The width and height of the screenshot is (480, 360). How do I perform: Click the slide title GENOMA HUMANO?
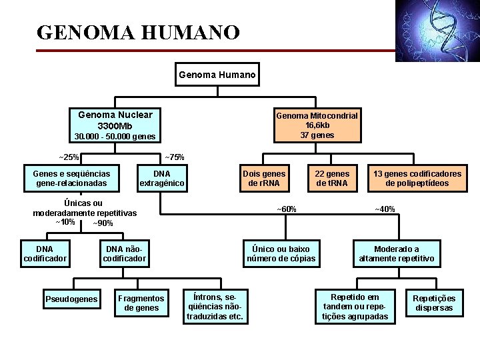pyautogui.click(x=138, y=32)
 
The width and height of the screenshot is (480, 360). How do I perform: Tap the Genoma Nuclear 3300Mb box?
pyautogui.click(x=115, y=120)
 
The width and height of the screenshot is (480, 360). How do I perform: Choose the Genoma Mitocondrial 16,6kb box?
pyautogui.click(x=317, y=125)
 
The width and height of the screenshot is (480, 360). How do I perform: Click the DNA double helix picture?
pyautogui.click(x=437, y=30)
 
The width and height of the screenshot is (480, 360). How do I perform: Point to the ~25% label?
pyautogui.click(x=69, y=157)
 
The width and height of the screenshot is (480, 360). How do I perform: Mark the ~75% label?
pyautogui.click(x=174, y=157)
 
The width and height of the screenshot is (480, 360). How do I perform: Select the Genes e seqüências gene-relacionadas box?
pyautogui.click(x=72, y=178)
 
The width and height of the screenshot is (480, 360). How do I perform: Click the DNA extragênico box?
pyautogui.click(x=161, y=178)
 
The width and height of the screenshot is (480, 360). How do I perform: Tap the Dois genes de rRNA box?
pyautogui.click(x=263, y=178)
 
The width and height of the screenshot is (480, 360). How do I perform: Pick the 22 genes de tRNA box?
pyautogui.click(x=332, y=178)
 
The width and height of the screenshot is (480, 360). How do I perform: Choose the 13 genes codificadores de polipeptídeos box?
pyautogui.click(x=417, y=178)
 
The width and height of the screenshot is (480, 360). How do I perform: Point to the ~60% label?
pyautogui.click(x=287, y=209)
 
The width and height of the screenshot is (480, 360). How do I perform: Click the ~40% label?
pyautogui.click(x=385, y=209)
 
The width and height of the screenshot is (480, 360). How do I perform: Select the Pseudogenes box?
pyautogui.click(x=71, y=299)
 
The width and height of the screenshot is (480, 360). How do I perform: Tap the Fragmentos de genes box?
pyautogui.click(x=141, y=303)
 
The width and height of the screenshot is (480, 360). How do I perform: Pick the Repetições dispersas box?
pyautogui.click(x=434, y=303)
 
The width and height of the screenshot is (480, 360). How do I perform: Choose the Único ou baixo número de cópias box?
pyautogui.click(x=281, y=253)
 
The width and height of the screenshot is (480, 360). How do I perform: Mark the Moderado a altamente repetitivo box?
pyautogui.click(x=396, y=253)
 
